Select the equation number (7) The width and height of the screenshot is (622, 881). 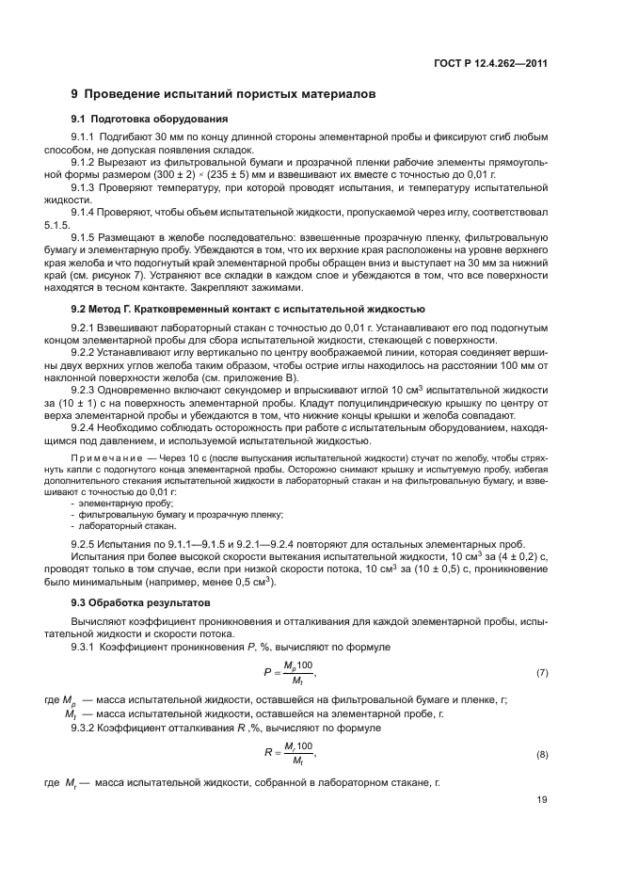coord(541,674)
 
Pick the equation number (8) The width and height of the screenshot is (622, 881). coord(541,755)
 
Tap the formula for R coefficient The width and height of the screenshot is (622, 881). coord(289,754)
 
